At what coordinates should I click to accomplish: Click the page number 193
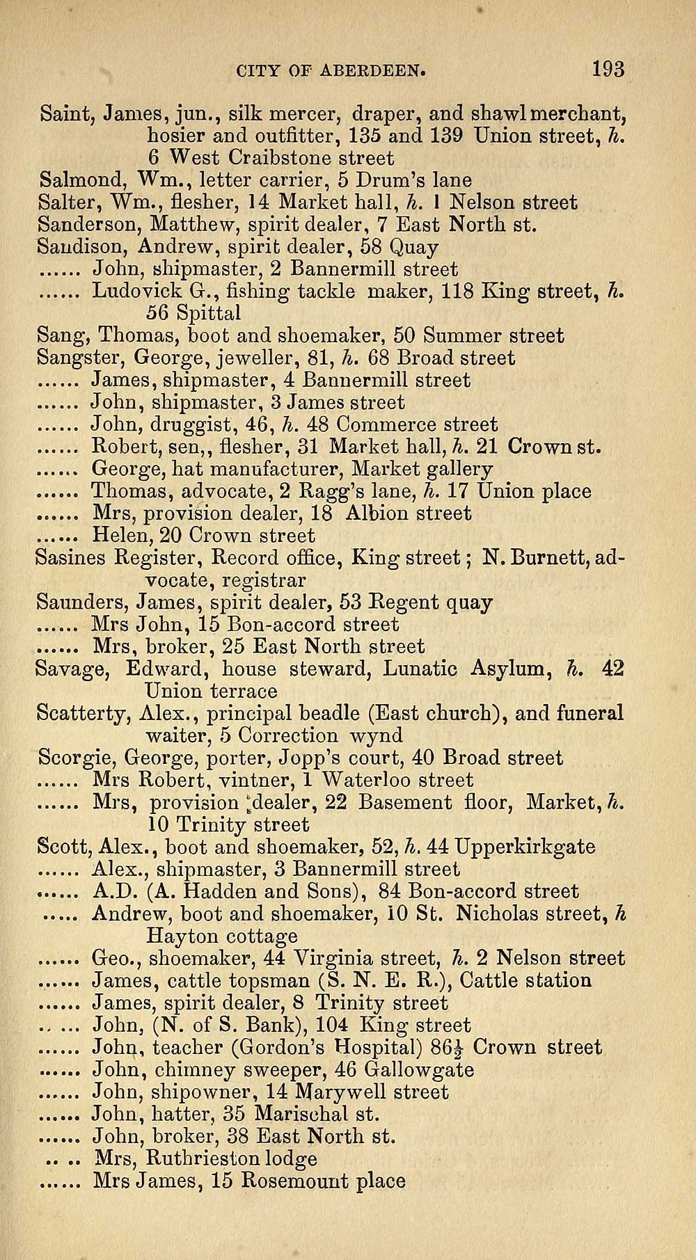608,70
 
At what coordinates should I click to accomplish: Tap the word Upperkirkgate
523,847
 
